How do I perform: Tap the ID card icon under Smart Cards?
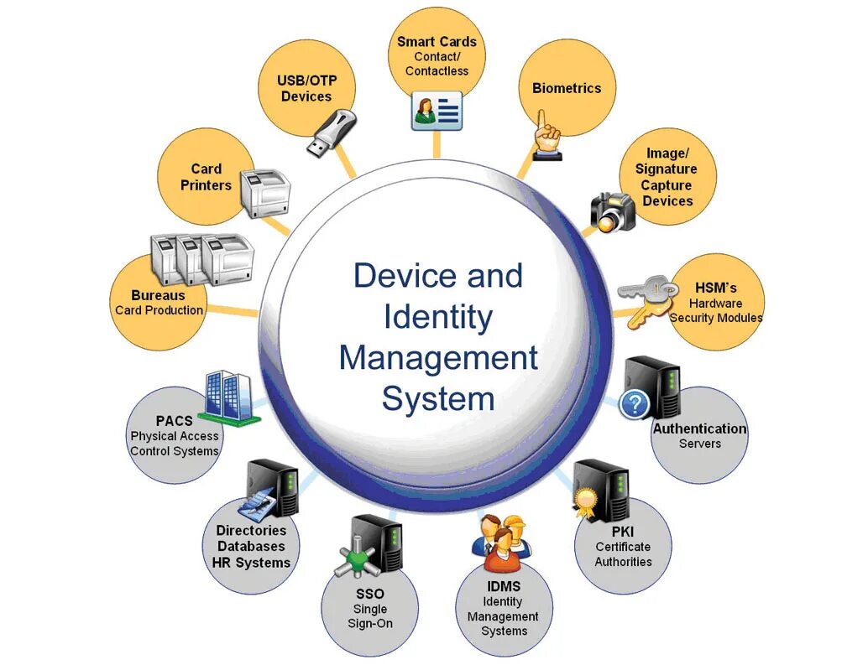point(437,111)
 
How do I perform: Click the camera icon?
point(614,211)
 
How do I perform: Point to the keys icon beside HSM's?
point(646,300)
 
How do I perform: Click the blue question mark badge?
point(634,404)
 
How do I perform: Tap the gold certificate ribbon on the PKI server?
point(583,501)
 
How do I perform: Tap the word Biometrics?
point(567,88)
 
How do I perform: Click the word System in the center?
point(437,398)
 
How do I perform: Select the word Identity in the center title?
point(437,318)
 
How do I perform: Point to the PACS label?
point(174,420)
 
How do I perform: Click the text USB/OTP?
point(306,81)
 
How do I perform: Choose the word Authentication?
point(699,428)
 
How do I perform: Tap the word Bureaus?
point(158,295)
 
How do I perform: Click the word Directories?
point(251,530)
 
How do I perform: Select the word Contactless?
point(437,71)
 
